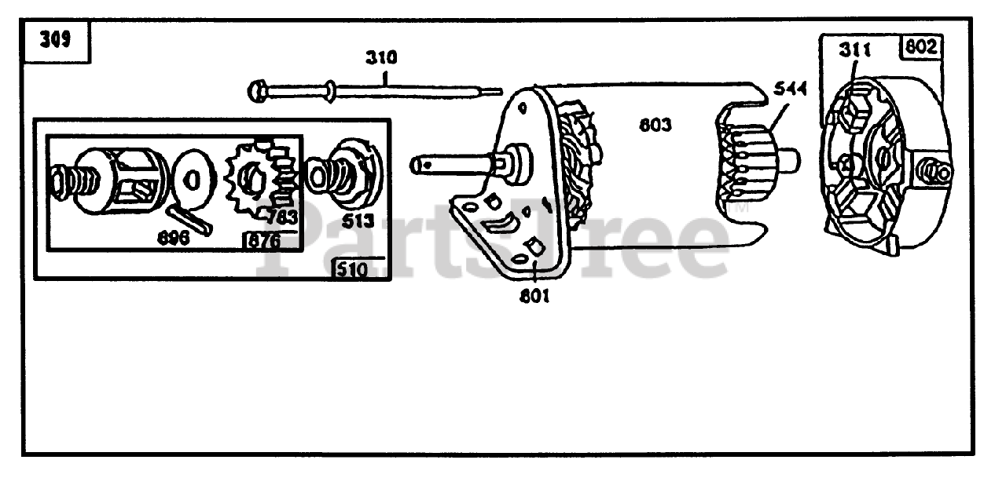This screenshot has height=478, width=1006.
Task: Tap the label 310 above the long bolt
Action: [x=380, y=58]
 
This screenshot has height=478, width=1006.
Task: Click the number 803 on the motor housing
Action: [x=655, y=124]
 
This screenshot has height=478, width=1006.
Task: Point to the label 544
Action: [x=791, y=89]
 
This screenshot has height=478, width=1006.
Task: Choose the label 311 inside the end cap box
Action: [x=854, y=50]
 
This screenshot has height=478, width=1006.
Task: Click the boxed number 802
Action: [x=920, y=47]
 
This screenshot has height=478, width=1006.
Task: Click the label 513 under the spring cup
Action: [x=358, y=221]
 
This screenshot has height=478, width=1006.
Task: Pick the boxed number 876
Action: [x=263, y=241]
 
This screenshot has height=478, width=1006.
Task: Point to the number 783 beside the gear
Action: [x=282, y=216]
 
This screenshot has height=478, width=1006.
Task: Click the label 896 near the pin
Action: [x=172, y=238]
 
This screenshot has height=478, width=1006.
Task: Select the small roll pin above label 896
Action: [x=189, y=217]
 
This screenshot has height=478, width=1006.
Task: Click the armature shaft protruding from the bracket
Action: [x=448, y=164]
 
